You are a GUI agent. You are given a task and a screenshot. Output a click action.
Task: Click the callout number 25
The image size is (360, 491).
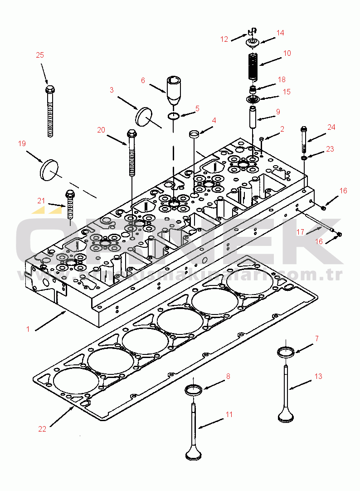click(40, 55)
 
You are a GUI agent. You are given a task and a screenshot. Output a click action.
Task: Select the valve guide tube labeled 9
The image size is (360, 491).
click(253, 118)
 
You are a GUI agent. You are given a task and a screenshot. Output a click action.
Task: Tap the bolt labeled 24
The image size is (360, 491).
click(304, 140)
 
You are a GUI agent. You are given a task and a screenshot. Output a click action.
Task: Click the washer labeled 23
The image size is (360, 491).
click(304, 157)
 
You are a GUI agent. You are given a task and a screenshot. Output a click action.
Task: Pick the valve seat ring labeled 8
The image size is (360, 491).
click(194, 389)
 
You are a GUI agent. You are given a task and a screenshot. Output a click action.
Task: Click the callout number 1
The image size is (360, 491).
click(28, 329)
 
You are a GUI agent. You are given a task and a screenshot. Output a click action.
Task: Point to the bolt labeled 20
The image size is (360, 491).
click(132, 154)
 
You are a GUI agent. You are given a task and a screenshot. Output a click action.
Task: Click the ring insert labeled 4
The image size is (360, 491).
click(194, 135)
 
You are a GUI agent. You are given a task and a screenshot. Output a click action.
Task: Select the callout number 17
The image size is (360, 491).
click(300, 232)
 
